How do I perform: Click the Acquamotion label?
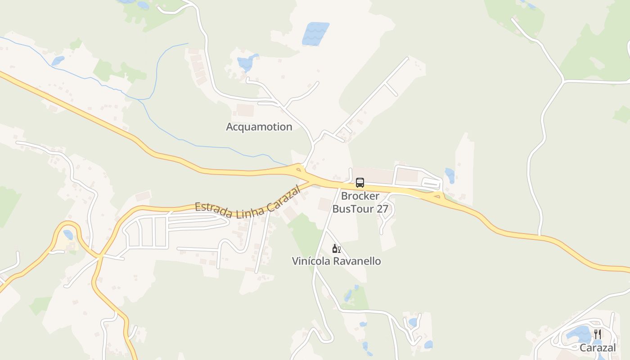coord(259,127)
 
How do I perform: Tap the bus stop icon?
coord(360,182)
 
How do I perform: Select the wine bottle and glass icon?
coord(336,248)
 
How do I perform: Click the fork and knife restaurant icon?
coord(598,334)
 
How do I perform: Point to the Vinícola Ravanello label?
coord(336,261)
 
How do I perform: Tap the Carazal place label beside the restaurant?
coord(597,347)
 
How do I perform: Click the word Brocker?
coord(360,196)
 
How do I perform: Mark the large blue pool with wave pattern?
coord(315,34)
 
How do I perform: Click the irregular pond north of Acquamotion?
coord(247,63)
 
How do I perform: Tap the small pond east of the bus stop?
coord(450,175)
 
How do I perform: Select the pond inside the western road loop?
coord(68,234)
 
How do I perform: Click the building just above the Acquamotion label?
coord(245,110)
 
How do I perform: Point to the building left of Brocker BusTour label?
coord(324,204)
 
